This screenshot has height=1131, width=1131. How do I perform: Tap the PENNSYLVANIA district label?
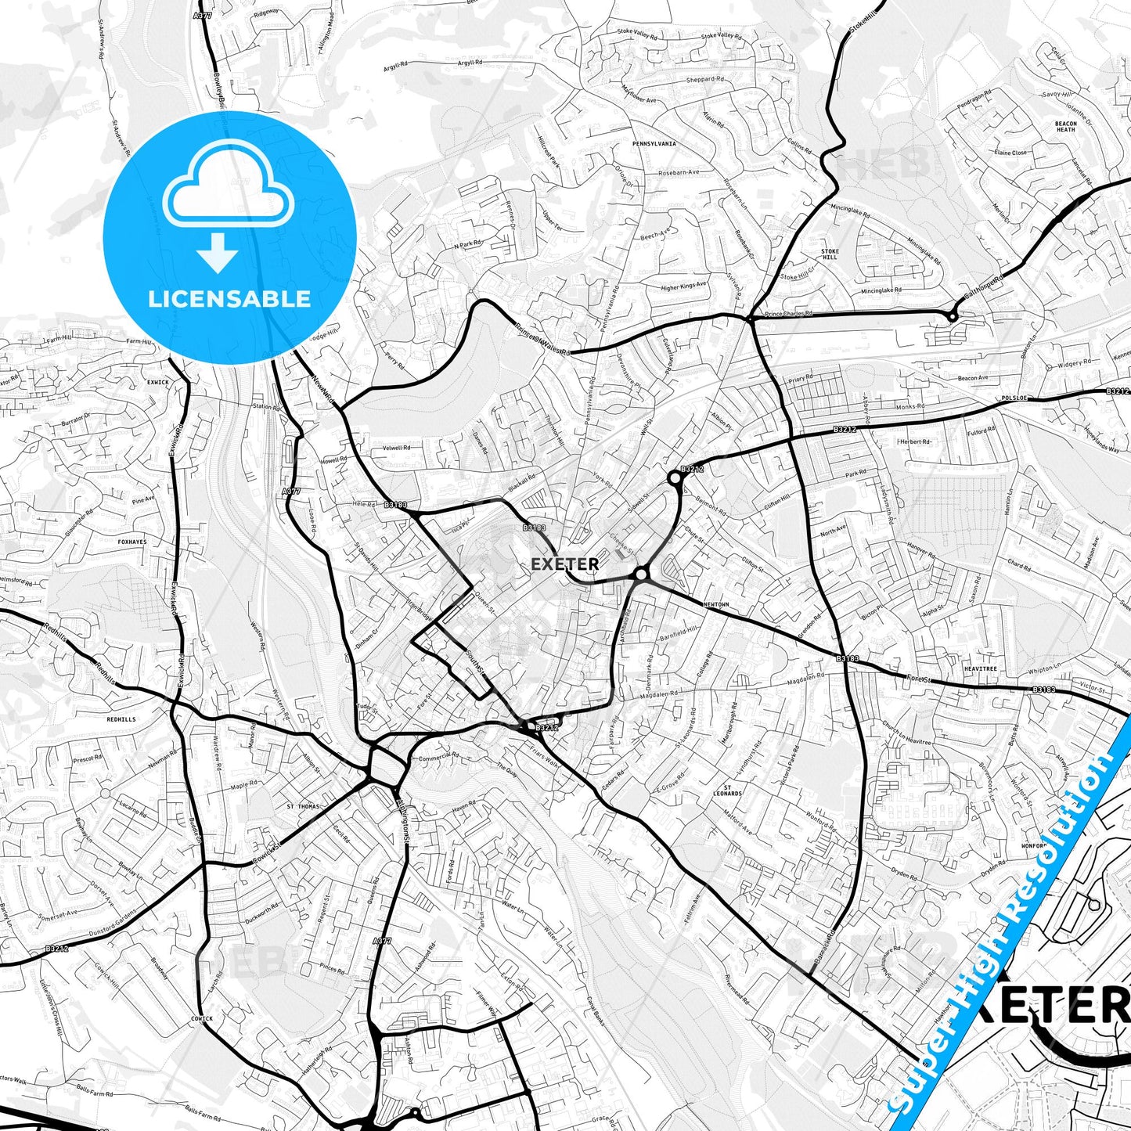point(654,145)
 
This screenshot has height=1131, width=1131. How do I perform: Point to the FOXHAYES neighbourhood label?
point(131,542)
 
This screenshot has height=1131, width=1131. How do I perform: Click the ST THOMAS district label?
point(304,805)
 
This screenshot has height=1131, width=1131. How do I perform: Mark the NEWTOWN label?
point(715,605)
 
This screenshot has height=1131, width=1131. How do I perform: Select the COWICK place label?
point(201,1019)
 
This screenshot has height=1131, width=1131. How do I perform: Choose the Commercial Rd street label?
point(438,757)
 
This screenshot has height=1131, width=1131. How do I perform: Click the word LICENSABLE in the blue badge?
point(229,299)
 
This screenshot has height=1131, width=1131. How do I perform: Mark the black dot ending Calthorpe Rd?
point(952,316)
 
